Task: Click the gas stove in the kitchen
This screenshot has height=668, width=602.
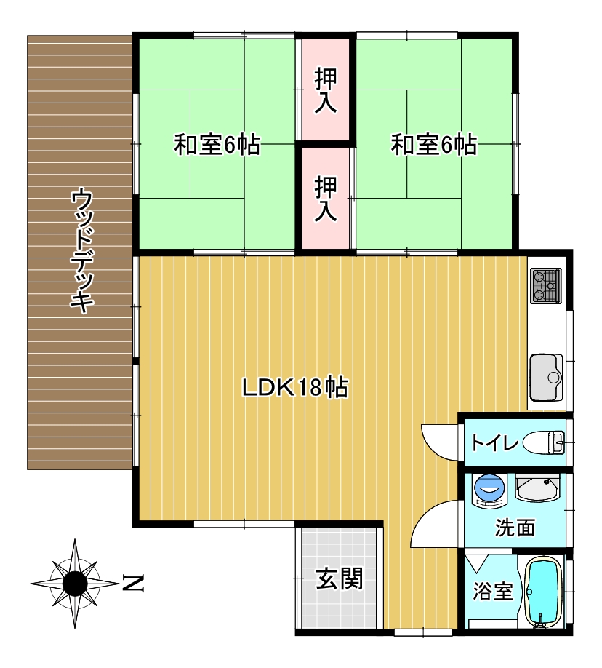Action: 546,286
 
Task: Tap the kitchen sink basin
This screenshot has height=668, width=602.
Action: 546,378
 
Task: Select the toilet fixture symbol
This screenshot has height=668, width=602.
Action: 544,442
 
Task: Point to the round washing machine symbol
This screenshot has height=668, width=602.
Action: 489,490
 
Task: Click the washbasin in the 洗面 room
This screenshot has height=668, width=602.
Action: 537,488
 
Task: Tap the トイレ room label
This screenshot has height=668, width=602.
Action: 494,443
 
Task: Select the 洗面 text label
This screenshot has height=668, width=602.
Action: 515,528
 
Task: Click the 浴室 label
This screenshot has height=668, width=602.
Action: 493,592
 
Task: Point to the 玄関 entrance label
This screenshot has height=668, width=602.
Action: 339,578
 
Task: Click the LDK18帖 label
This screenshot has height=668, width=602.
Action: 295,387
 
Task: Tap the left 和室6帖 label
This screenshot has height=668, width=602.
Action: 217,145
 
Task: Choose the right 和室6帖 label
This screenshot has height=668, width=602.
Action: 434,145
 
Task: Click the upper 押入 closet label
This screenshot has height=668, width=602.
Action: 326,90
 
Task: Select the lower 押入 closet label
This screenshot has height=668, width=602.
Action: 326,199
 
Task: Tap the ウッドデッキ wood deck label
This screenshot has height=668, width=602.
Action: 81,251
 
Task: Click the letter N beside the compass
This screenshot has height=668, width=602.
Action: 133,583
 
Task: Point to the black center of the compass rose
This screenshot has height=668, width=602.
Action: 75,583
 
